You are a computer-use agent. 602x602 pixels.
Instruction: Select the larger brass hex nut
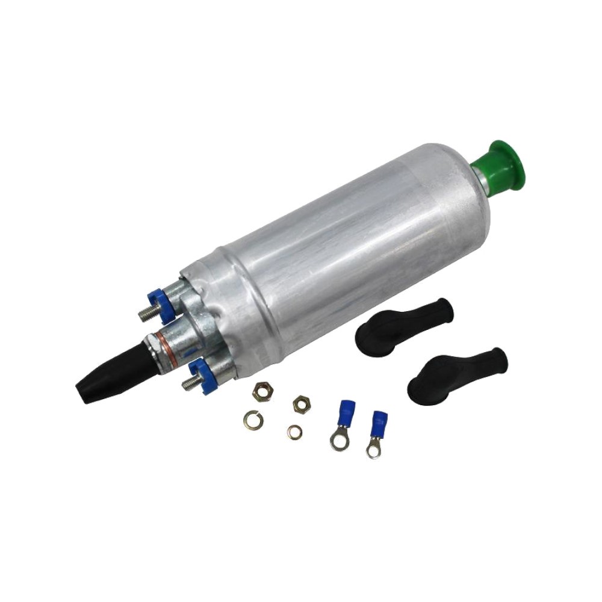click(x=262, y=393)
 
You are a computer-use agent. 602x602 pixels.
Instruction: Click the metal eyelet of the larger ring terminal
click(x=338, y=443)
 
